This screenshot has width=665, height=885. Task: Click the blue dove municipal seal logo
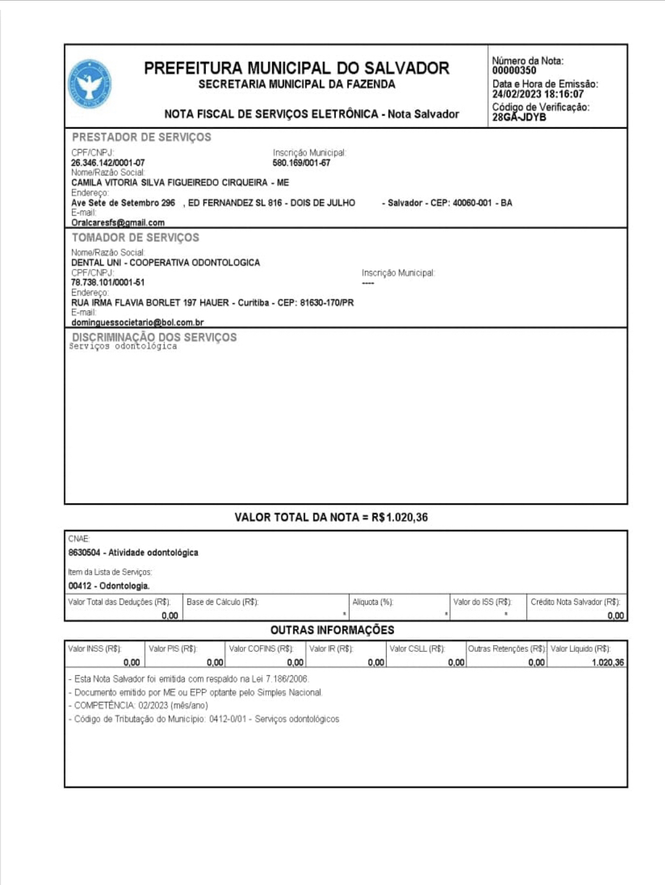[90, 84]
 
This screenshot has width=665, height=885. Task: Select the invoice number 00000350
[514, 71]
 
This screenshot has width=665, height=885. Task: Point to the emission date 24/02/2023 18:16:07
[538, 95]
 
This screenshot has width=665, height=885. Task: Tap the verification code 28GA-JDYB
[519, 117]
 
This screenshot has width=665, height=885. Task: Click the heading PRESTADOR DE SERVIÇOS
[141, 137]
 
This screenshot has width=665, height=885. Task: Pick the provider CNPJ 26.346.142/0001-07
[108, 163]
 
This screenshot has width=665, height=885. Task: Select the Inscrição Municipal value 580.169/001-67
[301, 163]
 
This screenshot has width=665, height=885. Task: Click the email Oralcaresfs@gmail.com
[118, 223]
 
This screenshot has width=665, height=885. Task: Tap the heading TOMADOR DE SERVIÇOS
[135, 237]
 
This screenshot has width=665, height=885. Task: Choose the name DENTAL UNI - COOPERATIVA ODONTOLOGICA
[165, 263]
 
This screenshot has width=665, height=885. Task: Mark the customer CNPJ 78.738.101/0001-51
[108, 283]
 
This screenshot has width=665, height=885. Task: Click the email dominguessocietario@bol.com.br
[137, 323]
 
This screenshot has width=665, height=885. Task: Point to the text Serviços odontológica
[123, 347]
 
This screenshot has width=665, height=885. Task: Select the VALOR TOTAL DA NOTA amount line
[331, 518]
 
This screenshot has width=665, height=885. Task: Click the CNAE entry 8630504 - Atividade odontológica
[133, 553]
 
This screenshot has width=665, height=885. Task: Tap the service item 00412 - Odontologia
[109, 586]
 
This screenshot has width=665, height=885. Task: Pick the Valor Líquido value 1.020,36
[607, 663]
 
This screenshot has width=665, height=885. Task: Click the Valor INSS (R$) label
[95, 649]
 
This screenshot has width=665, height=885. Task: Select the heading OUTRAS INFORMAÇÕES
[332, 630]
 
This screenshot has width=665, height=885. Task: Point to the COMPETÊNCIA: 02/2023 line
[141, 706]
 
